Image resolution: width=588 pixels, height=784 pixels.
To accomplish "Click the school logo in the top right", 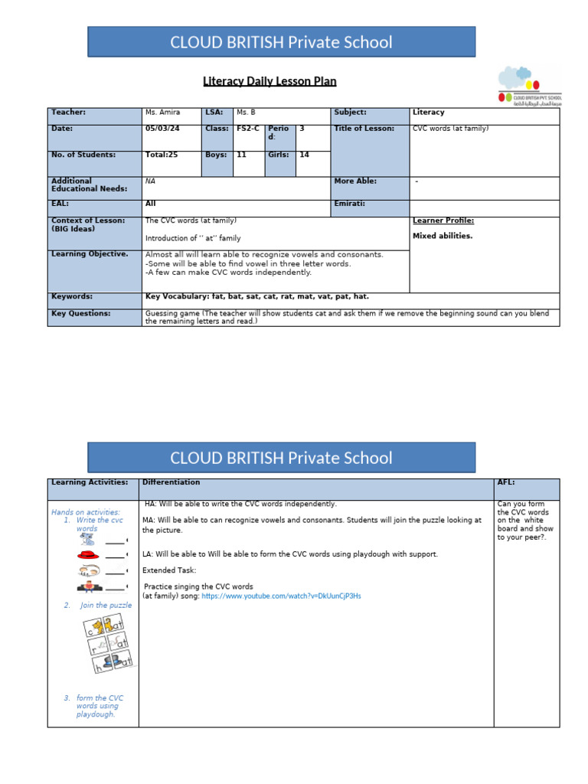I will point(530,85).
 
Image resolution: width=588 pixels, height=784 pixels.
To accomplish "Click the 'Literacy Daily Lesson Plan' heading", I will point(269,81).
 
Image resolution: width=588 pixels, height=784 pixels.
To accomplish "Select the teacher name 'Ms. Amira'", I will point(162,113).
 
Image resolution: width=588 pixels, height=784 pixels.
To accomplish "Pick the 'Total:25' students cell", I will point(162,155).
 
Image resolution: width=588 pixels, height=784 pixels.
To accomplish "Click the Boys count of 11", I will point(241,155).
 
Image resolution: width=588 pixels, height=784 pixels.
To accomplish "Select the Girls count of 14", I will point(304,155).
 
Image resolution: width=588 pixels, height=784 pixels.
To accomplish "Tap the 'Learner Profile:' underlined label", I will point(443,220).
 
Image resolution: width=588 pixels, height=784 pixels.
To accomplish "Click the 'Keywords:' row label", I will point(72,296).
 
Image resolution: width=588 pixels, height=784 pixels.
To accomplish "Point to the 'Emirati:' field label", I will point(350,204).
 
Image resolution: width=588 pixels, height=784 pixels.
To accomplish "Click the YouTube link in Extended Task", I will point(281,596).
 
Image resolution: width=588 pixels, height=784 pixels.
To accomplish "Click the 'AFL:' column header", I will point(506,482).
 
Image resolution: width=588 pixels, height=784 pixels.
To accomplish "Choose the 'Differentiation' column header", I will point(171,482).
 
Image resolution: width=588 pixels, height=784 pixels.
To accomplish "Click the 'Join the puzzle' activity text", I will point(105,605).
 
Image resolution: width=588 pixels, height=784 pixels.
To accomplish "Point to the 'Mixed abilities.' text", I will point(443,236).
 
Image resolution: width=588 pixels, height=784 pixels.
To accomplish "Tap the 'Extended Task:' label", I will point(169,570).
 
